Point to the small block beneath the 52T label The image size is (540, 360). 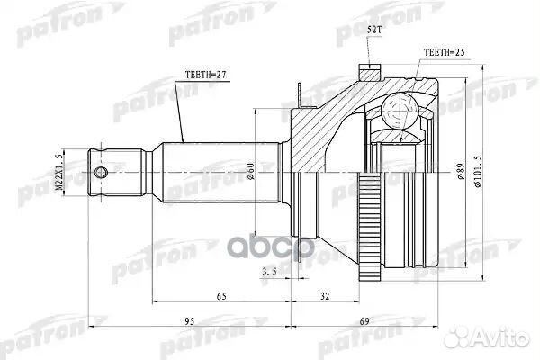click(x=369, y=68)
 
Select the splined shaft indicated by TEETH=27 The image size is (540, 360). click(x=216, y=171)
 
